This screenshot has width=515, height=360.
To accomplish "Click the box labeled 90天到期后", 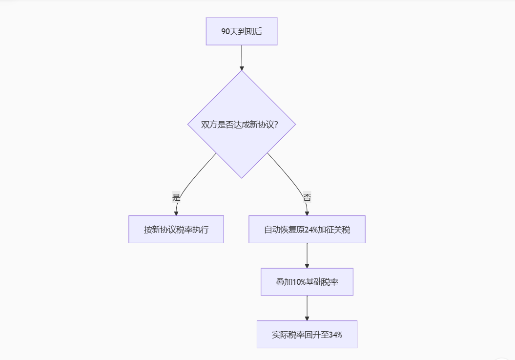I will tap(242, 31).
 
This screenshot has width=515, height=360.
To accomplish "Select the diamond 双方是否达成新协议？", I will tap(242, 124).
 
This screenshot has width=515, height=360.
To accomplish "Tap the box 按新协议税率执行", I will tap(176, 230).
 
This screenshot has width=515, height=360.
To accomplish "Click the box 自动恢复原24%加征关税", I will tap(307, 230).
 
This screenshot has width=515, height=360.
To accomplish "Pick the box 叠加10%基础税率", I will tap(307, 282).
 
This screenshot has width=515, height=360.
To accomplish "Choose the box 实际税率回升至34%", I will tap(307, 335).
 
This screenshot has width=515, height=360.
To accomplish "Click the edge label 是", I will tap(176, 198).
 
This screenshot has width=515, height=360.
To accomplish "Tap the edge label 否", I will tap(307, 198).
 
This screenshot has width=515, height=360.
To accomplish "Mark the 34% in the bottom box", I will tap(335, 335).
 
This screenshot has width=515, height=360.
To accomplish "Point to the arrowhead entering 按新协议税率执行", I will tap(176, 212).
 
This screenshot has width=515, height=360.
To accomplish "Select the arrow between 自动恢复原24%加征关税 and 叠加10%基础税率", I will tap(307, 254).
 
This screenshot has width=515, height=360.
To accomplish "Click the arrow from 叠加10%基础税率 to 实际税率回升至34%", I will tap(307, 307).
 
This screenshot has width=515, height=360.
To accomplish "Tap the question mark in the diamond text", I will tap(276, 125).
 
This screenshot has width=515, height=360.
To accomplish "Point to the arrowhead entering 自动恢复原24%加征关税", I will tap(307, 212).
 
